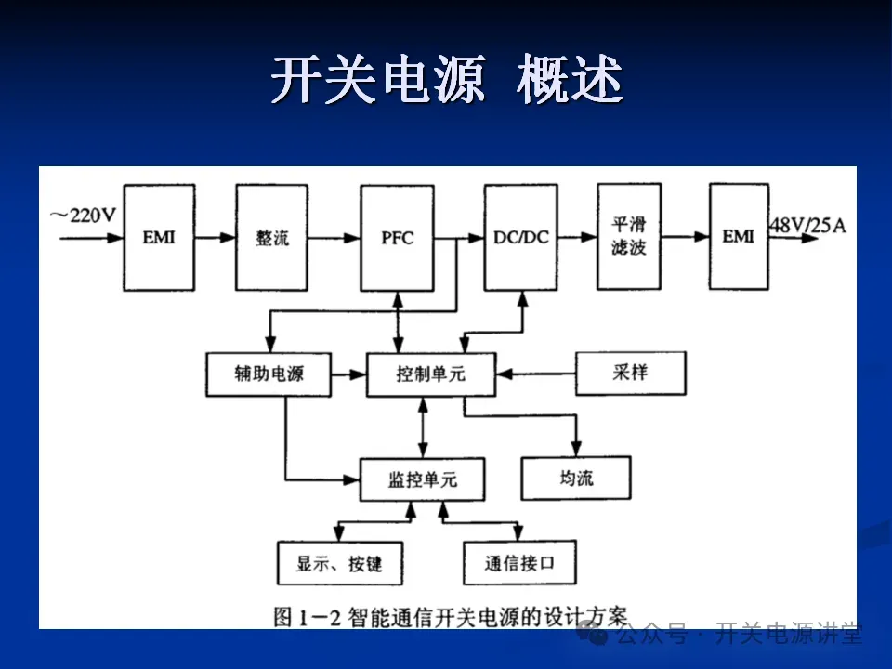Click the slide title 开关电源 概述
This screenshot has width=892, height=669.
(x=446, y=81)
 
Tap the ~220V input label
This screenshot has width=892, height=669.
(x=85, y=216)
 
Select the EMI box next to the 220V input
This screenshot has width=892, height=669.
(x=158, y=237)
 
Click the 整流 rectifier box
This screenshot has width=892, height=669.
(x=271, y=237)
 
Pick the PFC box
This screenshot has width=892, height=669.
(x=397, y=237)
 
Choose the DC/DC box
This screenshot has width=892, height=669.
(x=520, y=237)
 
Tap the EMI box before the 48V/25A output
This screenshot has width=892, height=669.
(x=739, y=236)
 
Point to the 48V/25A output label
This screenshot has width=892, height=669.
(x=808, y=224)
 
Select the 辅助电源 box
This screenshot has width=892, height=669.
(x=269, y=374)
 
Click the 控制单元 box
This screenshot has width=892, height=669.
(x=430, y=374)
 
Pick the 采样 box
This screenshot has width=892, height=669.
(x=630, y=373)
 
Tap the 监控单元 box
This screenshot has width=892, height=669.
(x=422, y=480)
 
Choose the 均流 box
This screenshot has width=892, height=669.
(x=576, y=478)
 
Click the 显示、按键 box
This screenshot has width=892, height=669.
(x=338, y=563)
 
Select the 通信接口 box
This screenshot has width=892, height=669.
(x=518, y=563)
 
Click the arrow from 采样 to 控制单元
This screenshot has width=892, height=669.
(x=537, y=374)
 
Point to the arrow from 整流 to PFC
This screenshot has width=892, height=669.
(x=334, y=238)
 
